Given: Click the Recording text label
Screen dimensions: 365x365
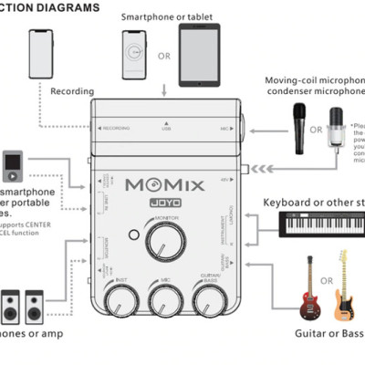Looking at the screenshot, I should click(x=73, y=91).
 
